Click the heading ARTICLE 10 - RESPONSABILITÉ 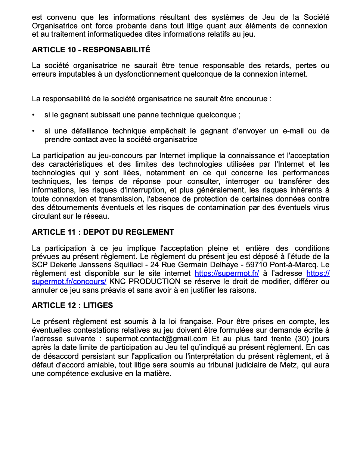[x=91, y=50]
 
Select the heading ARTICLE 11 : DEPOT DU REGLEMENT [x=103, y=232]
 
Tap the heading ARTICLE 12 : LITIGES [x=72, y=305]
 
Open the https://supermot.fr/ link [x=227, y=273]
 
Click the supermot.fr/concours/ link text [x=69, y=281]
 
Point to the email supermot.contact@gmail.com [x=156, y=339]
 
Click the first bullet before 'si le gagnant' [x=34, y=115]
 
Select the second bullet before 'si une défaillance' [x=34, y=131]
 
